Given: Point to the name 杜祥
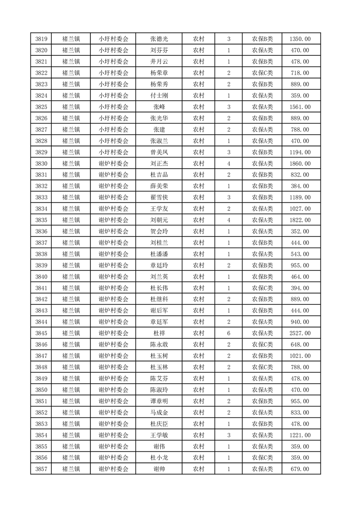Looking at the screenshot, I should click(x=159, y=333).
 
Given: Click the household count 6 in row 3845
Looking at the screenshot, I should click(x=229, y=333).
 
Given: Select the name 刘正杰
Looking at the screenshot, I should click(x=159, y=164).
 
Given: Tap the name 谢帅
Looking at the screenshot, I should click(x=159, y=469).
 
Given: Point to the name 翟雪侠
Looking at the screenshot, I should click(x=159, y=197).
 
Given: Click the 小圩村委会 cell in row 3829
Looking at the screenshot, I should click(x=113, y=152).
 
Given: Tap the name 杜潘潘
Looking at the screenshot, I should click(x=159, y=254).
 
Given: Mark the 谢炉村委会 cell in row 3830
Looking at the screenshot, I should click(x=113, y=164).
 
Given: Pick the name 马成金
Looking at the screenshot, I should click(x=159, y=412).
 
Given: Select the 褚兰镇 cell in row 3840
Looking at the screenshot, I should click(x=71, y=277).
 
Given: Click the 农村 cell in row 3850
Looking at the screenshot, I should click(x=198, y=390).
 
